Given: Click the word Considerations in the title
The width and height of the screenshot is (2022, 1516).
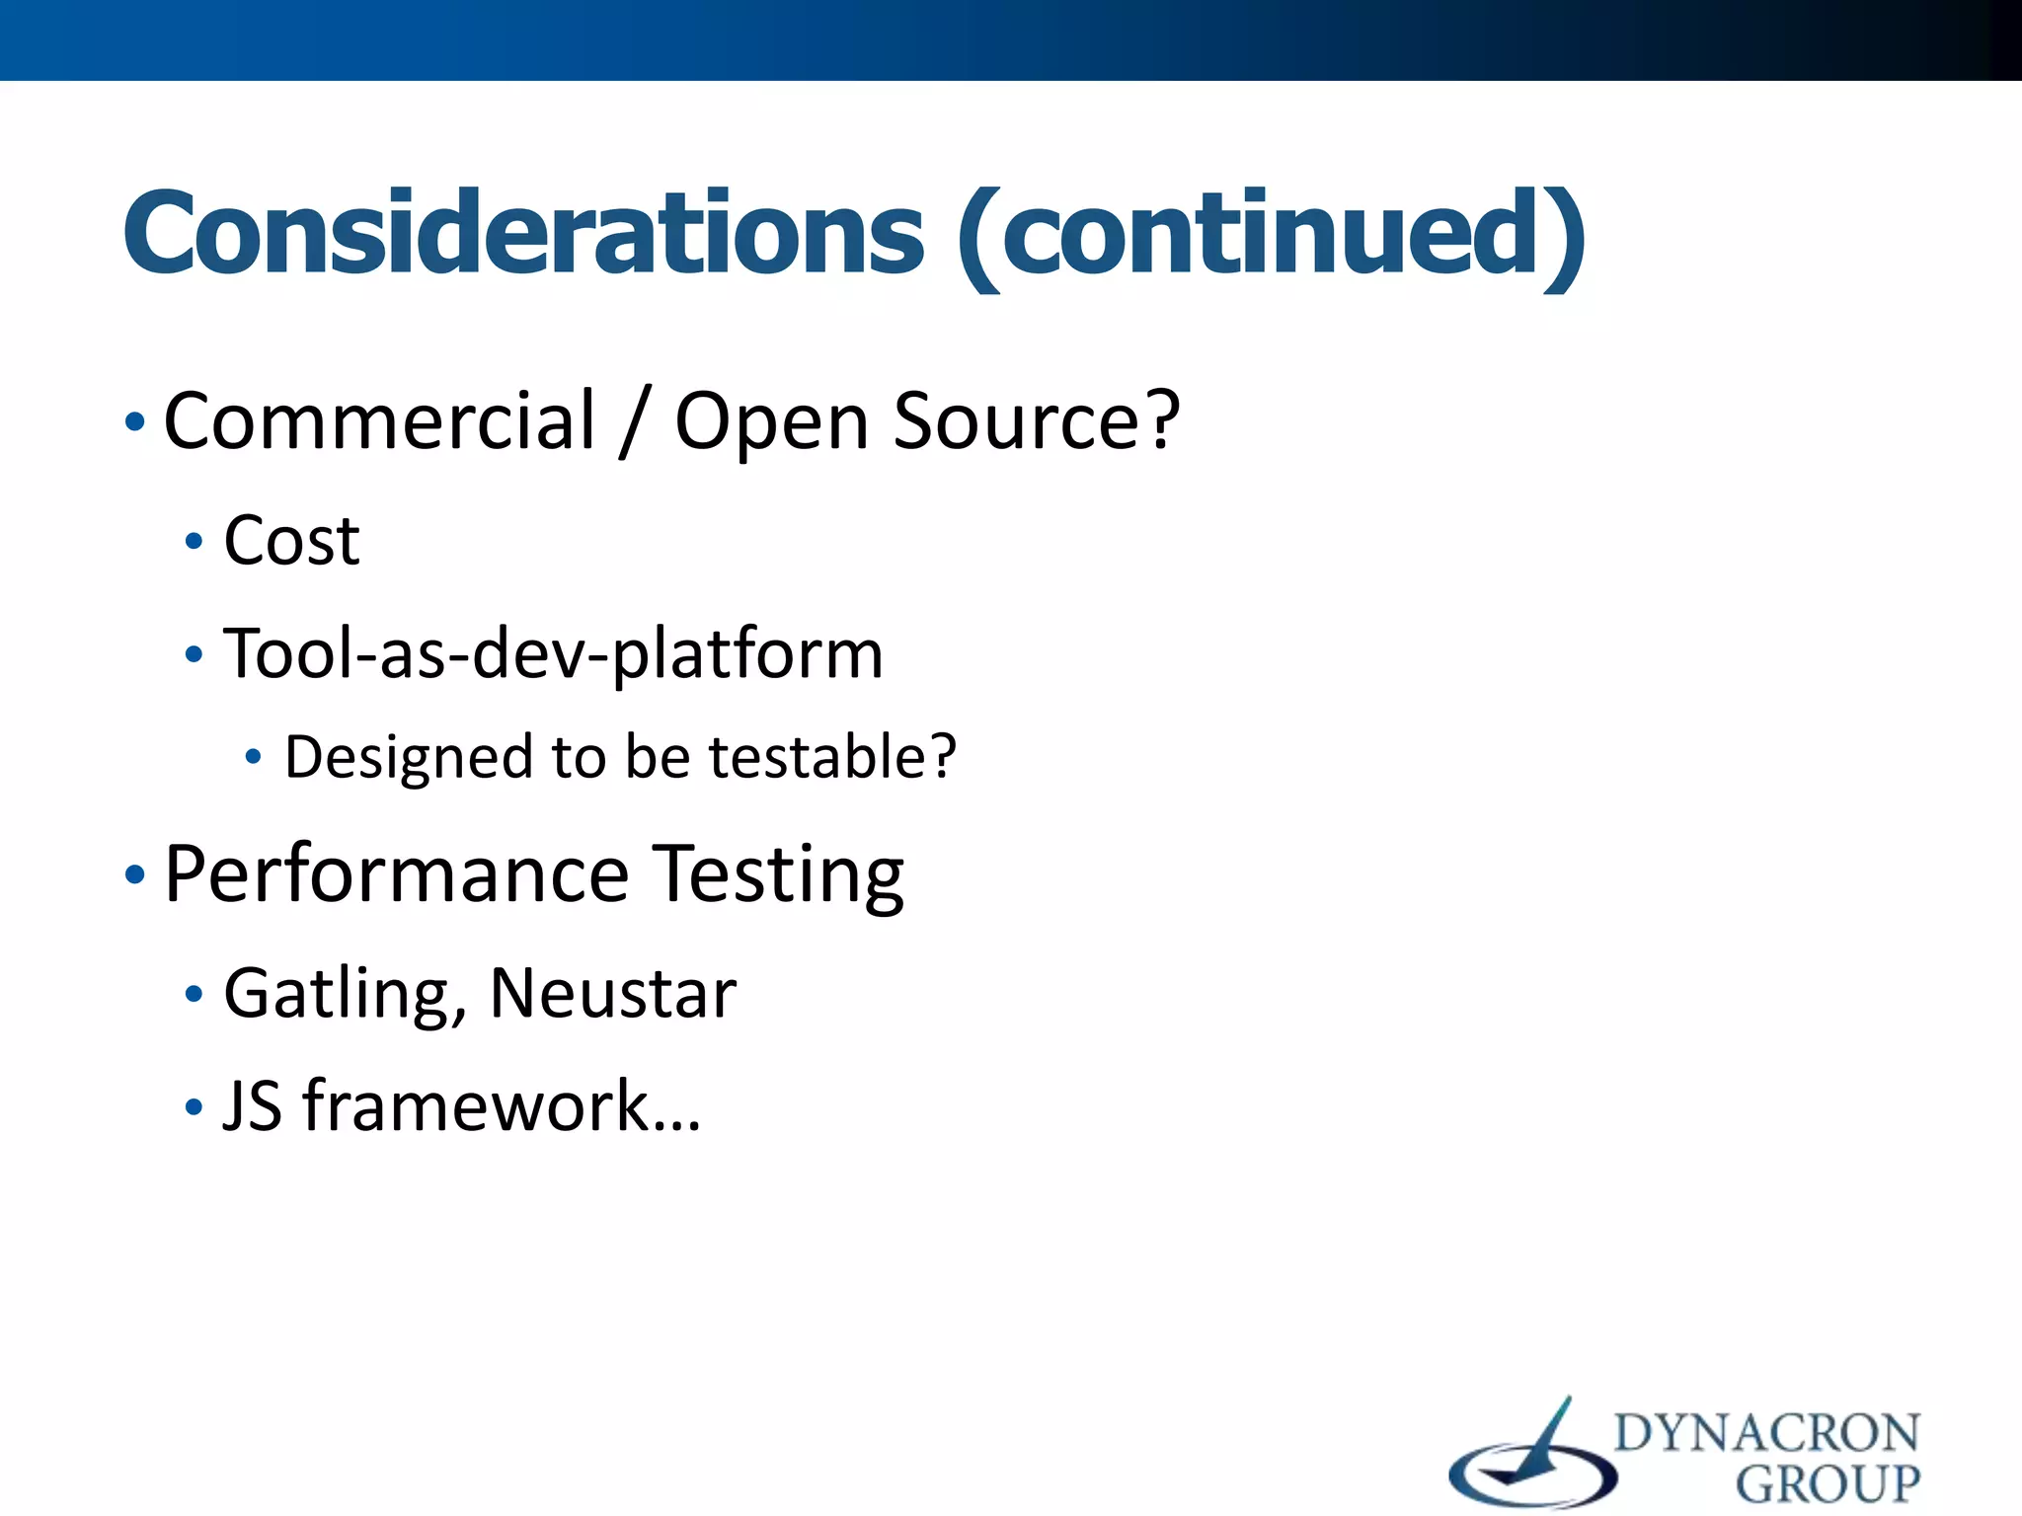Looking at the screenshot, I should click(523, 234).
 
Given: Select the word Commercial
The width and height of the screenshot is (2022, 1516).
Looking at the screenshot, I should click(380, 421).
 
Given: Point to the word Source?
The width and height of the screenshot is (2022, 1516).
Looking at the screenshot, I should click(1036, 421).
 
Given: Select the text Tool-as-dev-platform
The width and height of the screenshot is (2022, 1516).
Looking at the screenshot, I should click(553, 654).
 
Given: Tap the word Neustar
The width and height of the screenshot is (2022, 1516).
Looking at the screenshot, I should click(613, 993).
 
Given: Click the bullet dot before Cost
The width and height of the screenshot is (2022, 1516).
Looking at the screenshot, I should click(194, 541).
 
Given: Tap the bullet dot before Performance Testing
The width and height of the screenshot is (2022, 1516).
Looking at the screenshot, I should click(135, 874).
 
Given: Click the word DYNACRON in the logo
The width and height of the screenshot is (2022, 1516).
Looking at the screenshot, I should click(1766, 1433).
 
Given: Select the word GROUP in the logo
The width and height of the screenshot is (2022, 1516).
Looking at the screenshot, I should click(1828, 1483).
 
